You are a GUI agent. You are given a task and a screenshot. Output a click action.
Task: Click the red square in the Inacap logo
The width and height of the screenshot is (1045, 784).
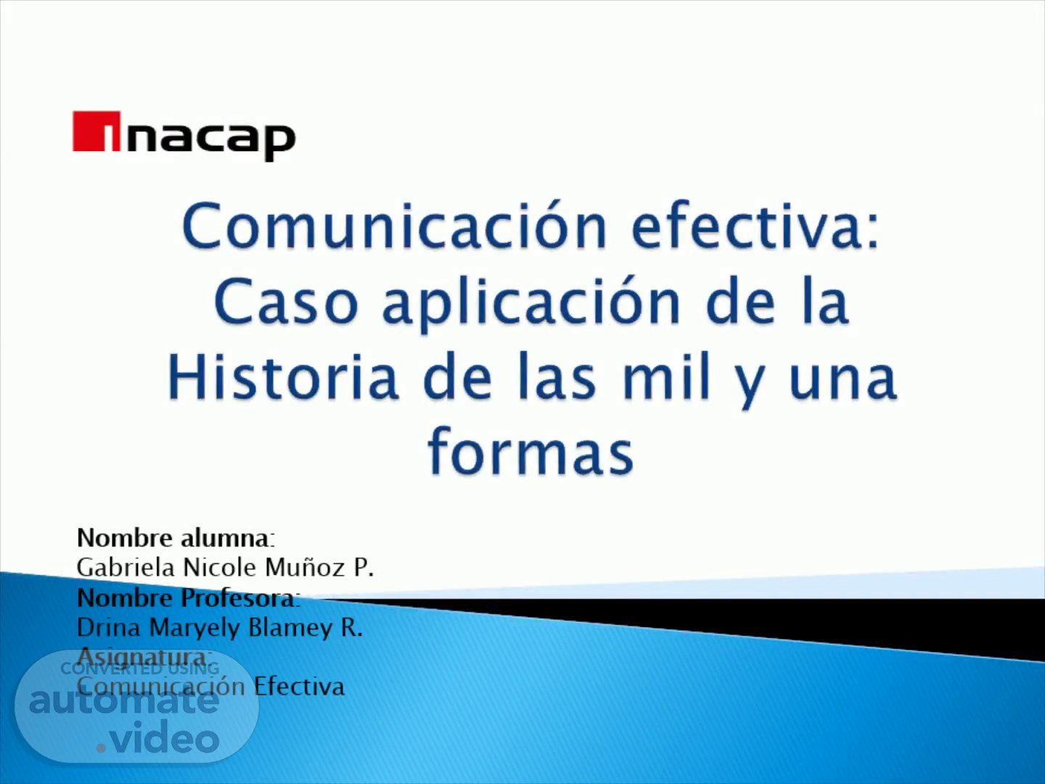coord(97,131)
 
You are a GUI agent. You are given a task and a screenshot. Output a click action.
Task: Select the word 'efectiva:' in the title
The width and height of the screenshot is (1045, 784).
coord(755,225)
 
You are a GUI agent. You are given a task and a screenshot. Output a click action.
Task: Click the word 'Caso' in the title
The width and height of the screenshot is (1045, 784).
coord(286,302)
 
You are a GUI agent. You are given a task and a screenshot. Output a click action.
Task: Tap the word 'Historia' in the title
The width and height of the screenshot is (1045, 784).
coord(283,377)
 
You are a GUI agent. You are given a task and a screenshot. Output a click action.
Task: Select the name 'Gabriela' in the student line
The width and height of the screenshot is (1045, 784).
coord(126,568)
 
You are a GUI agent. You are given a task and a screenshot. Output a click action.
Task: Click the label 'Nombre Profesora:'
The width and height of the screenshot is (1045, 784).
coord(189,598)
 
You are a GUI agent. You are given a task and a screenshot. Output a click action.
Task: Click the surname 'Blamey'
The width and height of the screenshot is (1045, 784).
coord(290,628)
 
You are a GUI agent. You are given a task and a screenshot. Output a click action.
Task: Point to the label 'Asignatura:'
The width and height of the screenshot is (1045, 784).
coord(144,657)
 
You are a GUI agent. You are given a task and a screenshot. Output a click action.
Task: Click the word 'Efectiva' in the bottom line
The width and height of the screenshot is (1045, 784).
coord(299,687)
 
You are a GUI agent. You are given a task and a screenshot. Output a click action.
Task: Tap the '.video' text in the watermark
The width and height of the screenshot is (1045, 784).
coord(158,738)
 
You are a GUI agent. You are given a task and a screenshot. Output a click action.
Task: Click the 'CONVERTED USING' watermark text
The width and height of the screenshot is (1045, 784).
coord(140,669)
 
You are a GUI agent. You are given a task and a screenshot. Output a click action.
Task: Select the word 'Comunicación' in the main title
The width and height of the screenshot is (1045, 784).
coord(395,225)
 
